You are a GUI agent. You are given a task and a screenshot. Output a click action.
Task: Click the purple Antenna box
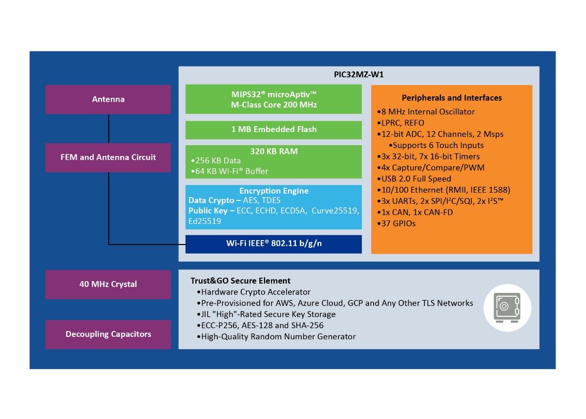[108, 99]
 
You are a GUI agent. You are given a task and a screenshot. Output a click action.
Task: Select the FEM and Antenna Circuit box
[108, 157]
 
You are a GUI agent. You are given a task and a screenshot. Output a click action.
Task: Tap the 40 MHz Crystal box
[108, 284]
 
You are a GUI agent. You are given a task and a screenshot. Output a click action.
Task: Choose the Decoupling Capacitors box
[108, 334]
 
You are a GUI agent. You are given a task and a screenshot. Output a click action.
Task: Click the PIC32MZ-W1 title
[358, 75]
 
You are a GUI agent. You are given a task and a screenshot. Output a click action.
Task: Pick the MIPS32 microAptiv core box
[273, 99]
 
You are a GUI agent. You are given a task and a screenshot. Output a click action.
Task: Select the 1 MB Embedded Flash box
[273, 130]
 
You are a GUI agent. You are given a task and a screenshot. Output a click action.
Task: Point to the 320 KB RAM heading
[273, 151]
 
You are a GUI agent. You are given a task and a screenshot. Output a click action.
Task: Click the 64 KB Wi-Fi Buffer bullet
[230, 171]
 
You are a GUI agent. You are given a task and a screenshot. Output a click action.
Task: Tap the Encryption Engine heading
[273, 191]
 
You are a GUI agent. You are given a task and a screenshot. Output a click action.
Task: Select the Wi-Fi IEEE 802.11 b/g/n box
[273, 244]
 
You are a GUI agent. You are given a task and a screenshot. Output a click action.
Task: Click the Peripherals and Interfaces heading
[452, 98]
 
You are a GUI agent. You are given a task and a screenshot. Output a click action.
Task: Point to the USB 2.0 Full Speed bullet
[416, 179]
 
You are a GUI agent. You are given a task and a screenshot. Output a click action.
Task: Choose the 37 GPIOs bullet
[398, 223]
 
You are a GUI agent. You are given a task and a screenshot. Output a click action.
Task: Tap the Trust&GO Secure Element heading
[240, 281]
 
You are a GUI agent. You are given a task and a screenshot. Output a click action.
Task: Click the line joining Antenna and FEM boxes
[108, 129]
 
